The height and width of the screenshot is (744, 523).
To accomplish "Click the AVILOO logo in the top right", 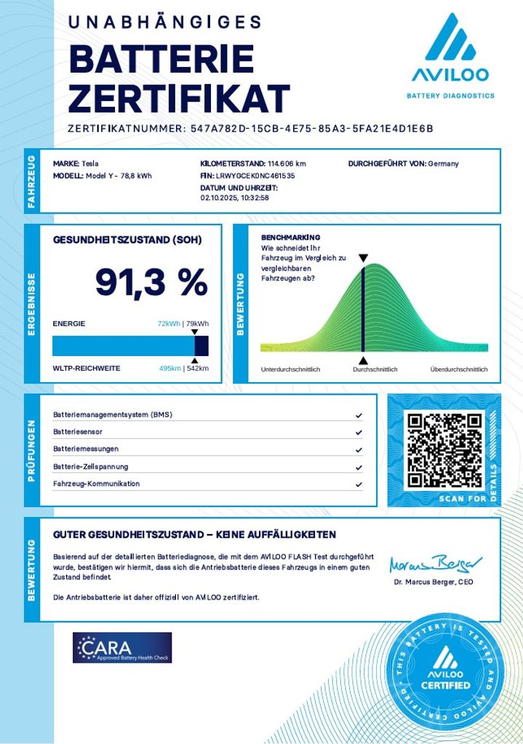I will [x=450, y=55].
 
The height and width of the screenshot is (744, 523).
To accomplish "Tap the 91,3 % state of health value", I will [x=151, y=283].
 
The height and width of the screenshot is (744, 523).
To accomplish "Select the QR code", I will [x=444, y=450].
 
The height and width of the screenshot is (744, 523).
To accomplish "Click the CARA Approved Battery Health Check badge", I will [x=122, y=647].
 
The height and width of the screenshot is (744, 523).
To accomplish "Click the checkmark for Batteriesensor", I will [x=359, y=432].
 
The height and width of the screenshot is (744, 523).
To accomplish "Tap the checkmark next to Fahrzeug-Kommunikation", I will [x=359, y=485].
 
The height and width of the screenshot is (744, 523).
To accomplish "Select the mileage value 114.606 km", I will [x=287, y=163].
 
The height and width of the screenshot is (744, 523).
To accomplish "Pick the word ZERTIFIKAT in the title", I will [x=179, y=97].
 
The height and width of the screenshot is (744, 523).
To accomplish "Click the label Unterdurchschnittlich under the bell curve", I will [x=290, y=370].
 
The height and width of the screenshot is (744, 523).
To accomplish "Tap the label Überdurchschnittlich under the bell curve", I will [x=459, y=370].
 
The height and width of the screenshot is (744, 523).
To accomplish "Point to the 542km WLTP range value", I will [x=198, y=368].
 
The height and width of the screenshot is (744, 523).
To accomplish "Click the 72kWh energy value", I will [x=169, y=324].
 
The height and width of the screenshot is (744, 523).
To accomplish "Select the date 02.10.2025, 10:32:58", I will [x=235, y=198].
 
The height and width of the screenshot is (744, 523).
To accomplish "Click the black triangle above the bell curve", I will [x=363, y=258].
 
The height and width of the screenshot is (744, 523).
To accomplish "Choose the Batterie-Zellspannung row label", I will [x=91, y=466].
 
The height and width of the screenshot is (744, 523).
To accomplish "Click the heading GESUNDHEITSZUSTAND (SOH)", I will [x=127, y=240].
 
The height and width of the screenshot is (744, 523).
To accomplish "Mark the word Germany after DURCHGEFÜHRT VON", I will [x=444, y=163].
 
